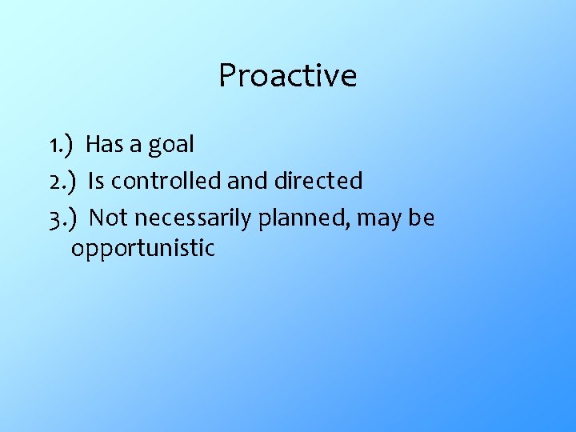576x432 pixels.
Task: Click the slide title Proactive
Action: tap(287, 76)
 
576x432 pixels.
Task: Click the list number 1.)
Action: tap(61, 145)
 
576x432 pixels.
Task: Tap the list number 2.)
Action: tap(62, 182)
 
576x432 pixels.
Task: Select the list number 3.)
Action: tap(62, 218)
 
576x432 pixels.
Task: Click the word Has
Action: tap(102, 145)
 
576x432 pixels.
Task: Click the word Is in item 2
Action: tap(96, 182)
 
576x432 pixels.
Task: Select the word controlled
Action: tap(166, 182)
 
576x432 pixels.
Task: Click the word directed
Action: tap(318, 182)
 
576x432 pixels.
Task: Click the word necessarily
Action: tap(189, 218)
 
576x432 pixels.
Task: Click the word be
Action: tap(422, 218)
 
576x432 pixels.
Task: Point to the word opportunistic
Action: tap(143, 249)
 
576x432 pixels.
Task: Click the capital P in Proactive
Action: tap(228, 76)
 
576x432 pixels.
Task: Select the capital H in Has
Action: tap(92, 145)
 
